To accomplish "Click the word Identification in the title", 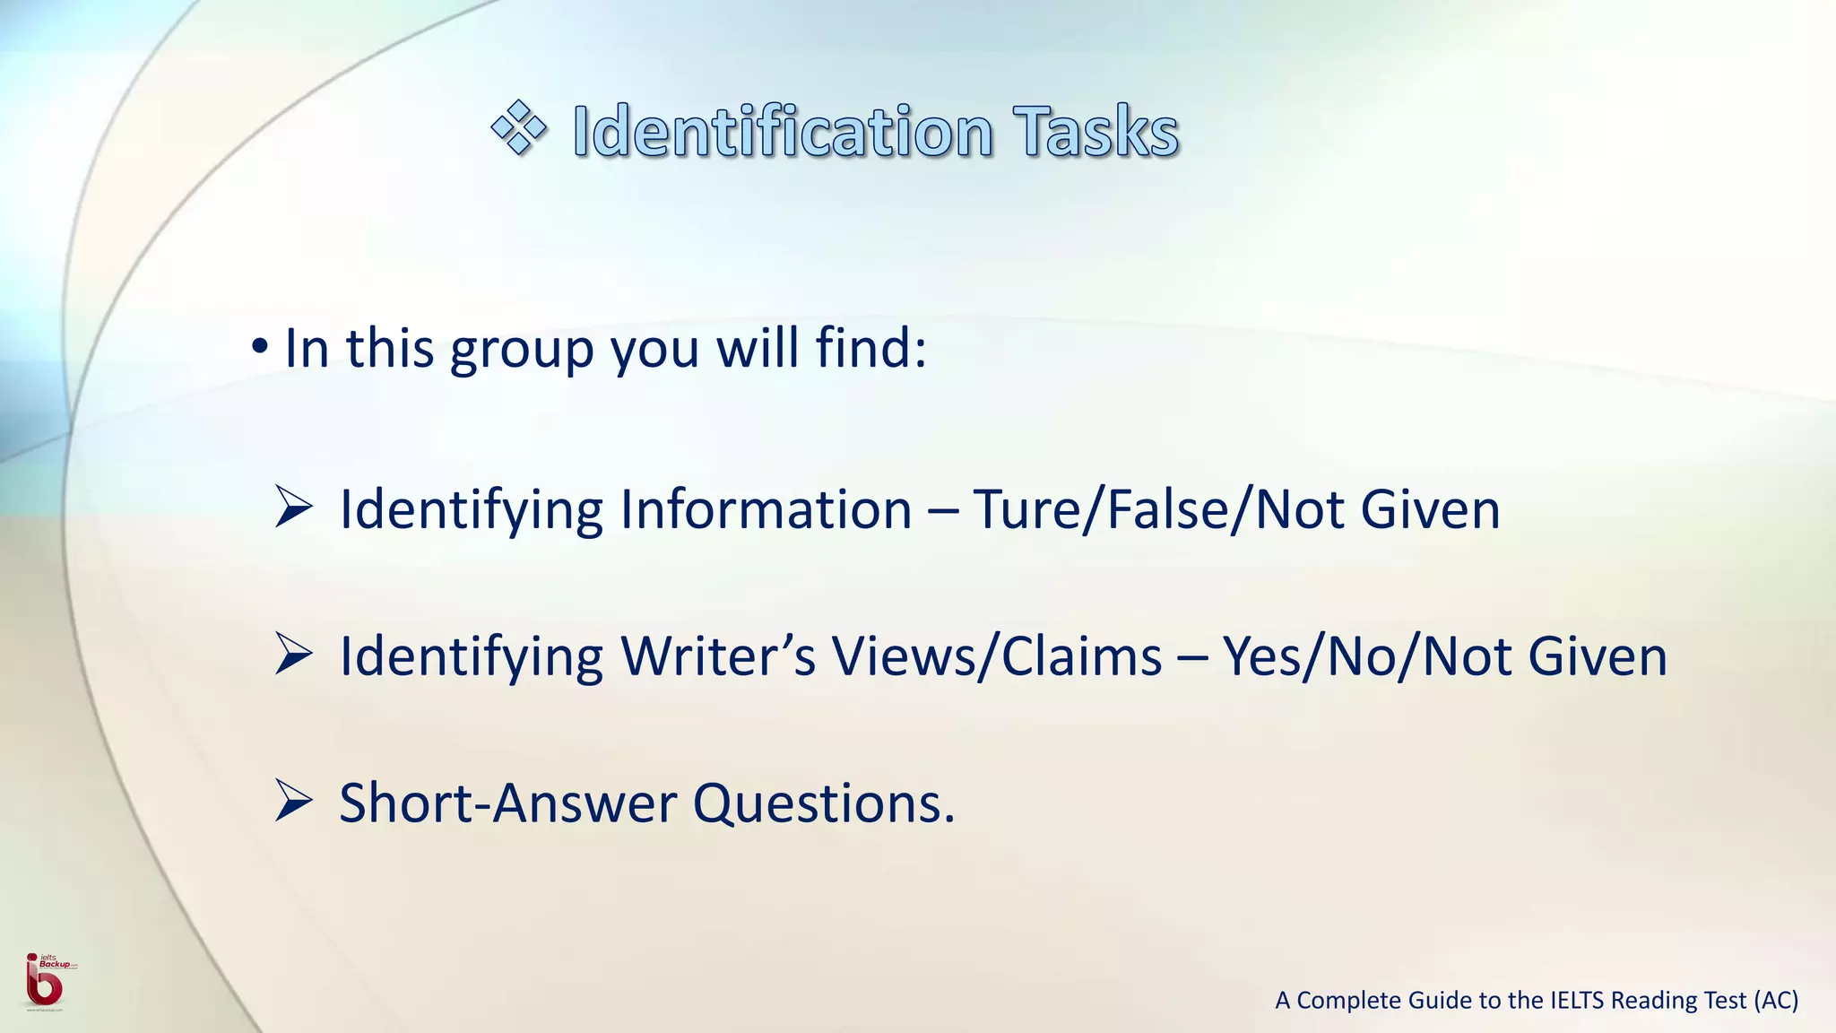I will [783, 132].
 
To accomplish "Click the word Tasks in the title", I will [1096, 132].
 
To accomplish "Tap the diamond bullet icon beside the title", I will [519, 128].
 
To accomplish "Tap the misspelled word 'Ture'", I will [1026, 509].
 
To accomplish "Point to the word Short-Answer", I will [507, 803].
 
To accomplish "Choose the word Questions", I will [823, 803].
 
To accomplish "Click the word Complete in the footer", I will [1349, 1000].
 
